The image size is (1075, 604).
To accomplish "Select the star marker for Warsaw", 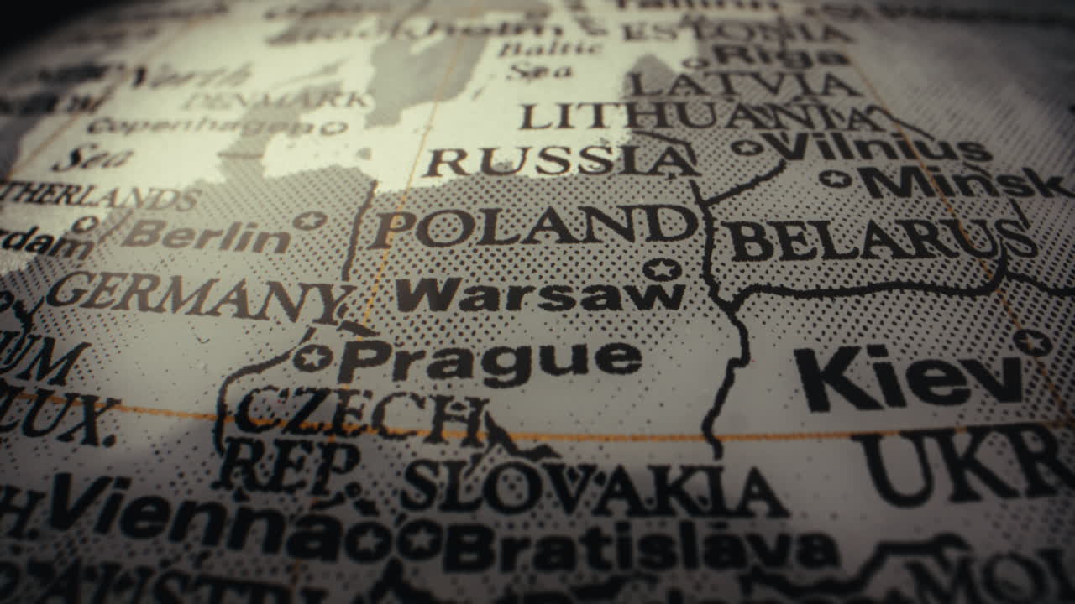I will (x=662, y=269).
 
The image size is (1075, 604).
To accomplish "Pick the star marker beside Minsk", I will (x=835, y=178).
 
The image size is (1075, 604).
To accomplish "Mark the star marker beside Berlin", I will (x=310, y=221).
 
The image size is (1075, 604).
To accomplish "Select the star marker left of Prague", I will (x=312, y=357).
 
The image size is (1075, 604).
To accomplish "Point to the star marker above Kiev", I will (x=1031, y=341).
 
